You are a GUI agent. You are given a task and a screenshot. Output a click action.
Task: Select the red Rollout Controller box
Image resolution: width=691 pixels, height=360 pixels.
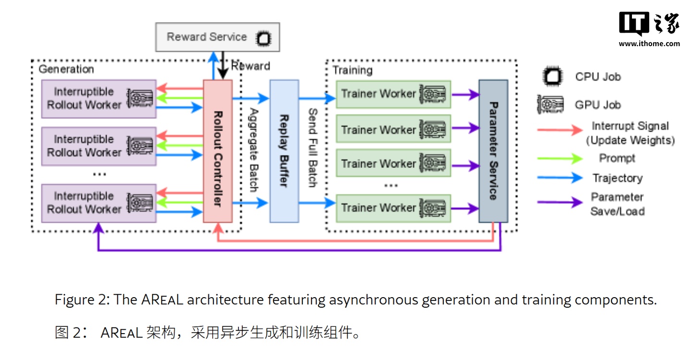point(217,151)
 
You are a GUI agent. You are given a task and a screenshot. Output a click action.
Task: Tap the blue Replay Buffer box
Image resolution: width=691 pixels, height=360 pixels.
point(284,151)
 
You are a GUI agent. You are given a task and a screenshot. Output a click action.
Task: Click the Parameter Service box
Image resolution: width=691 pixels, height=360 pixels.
point(493,151)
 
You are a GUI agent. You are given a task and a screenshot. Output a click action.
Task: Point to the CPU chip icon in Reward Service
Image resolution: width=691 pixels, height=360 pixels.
point(263,38)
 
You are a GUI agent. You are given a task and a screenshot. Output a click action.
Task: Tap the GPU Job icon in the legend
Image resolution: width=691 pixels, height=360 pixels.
point(550,105)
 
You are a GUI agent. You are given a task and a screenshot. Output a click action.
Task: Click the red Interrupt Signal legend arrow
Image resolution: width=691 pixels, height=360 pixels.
point(560,131)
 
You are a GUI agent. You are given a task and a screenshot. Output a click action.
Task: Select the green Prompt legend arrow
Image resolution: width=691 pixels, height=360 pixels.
point(560,158)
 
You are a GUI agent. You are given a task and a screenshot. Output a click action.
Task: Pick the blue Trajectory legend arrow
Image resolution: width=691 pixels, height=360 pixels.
point(560,178)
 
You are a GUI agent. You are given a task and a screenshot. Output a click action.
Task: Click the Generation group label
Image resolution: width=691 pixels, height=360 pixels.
point(66,69)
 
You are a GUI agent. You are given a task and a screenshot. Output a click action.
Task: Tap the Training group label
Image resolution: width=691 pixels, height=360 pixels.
point(352,71)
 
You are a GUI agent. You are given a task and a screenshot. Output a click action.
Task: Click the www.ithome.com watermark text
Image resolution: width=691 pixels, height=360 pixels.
point(649,44)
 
